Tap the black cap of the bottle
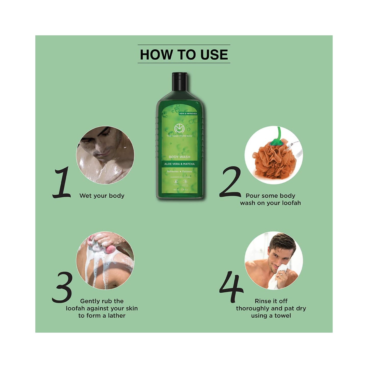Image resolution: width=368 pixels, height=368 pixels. (x=180, y=81)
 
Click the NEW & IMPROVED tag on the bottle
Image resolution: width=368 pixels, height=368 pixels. (x=188, y=114)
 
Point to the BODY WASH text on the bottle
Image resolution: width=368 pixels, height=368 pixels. (x=179, y=157)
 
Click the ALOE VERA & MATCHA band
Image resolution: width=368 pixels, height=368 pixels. (x=179, y=164)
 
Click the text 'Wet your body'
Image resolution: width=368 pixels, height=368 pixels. (x=102, y=196)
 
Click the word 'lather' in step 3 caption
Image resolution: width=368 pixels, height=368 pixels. (x=117, y=316)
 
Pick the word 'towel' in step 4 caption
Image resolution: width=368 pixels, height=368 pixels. (x=282, y=316)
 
